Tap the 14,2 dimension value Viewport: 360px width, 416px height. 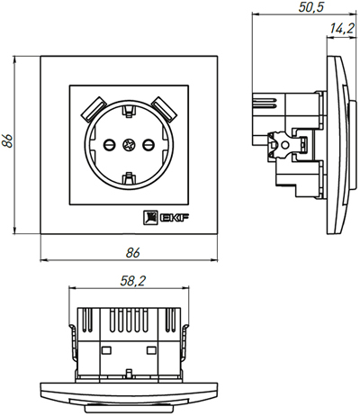[341, 29]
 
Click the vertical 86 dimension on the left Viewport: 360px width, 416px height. [8, 141]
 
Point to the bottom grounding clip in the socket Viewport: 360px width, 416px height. [128, 185]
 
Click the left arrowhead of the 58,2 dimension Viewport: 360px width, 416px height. [75, 292]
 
